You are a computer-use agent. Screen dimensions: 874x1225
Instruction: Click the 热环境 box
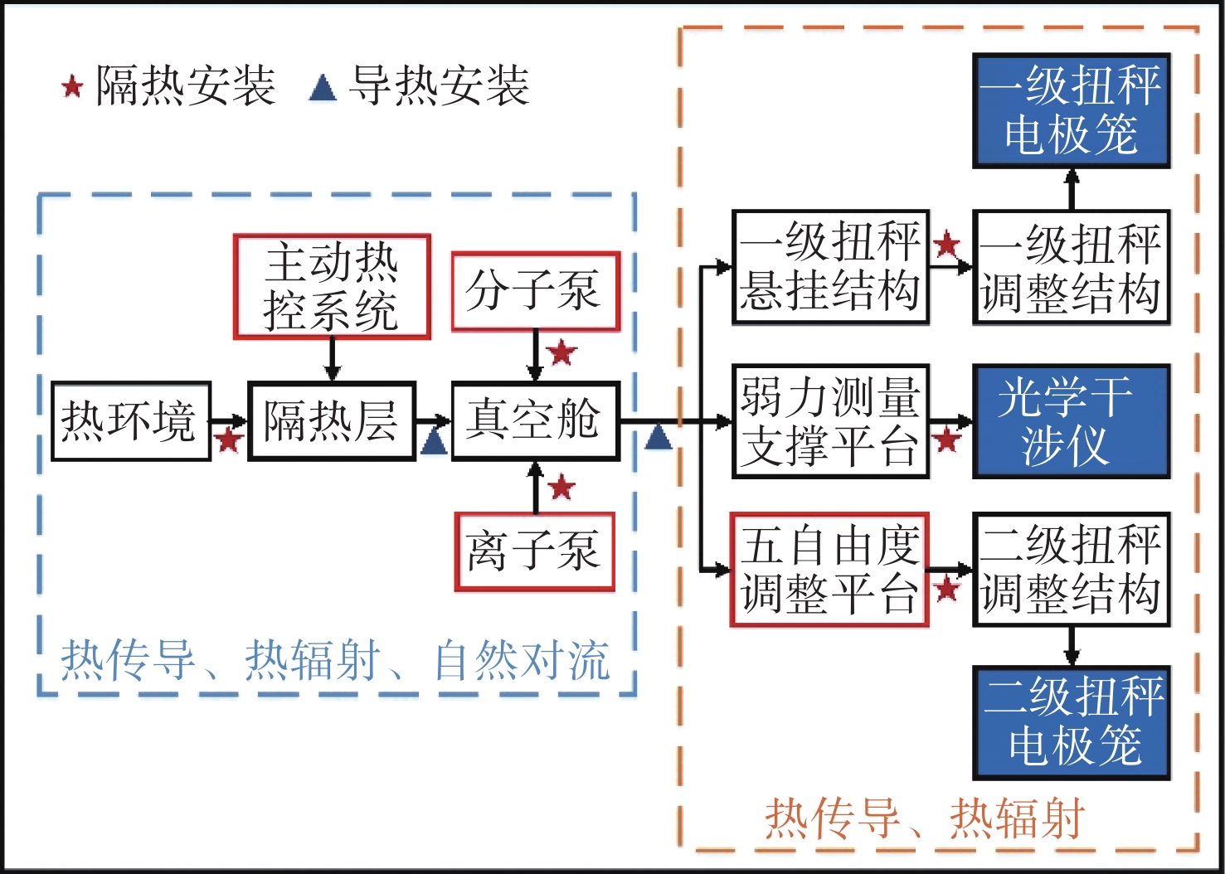(130, 421)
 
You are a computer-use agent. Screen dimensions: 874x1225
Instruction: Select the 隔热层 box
(331, 421)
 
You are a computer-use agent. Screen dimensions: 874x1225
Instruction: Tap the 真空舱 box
(535, 421)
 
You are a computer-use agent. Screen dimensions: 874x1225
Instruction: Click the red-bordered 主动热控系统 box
(332, 287)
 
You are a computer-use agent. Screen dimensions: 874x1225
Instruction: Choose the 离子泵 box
(534, 551)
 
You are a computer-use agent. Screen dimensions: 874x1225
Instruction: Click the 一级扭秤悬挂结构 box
(830, 267)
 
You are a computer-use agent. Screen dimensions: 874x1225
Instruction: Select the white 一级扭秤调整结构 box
(1071, 267)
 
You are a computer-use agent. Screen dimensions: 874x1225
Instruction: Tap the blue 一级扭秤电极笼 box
(1071, 111)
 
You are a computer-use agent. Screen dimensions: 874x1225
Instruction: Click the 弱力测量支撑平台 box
(830, 421)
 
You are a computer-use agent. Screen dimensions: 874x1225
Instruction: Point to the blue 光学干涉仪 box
(1071, 421)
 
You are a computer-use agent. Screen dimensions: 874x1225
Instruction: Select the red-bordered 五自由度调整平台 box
(829, 570)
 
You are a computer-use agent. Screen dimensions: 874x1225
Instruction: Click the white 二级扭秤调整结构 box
(1071, 570)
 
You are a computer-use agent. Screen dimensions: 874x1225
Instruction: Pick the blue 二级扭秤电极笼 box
(1072, 722)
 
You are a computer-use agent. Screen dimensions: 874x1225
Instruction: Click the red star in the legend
(72, 86)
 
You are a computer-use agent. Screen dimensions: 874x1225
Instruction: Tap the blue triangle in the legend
(323, 87)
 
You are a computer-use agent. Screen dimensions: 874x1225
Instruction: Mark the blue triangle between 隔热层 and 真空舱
(433, 442)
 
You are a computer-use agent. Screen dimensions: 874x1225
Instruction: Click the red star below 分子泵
(561, 352)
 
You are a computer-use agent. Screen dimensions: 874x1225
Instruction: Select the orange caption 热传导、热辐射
(924, 818)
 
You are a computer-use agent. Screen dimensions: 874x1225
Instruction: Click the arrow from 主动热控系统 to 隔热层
(332, 361)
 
